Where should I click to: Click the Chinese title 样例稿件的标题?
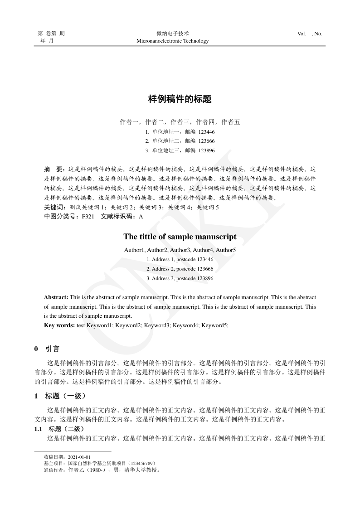coord(180,99)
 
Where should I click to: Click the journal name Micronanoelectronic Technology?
coord(172,41)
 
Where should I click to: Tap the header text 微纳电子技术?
coord(172,34)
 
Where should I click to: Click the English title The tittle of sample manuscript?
coord(180,237)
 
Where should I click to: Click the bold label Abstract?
coord(56,297)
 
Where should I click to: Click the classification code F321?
coord(88,217)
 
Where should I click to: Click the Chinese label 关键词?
coord(53,207)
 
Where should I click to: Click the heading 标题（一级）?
coord(63,396)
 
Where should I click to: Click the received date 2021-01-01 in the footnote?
coord(80,457)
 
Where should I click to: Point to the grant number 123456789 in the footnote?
coord(141,464)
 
